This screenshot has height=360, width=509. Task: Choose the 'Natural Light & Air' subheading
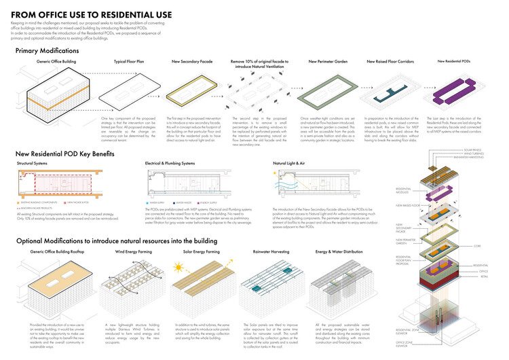[291, 164]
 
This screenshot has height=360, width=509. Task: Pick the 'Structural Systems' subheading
[34, 164]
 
